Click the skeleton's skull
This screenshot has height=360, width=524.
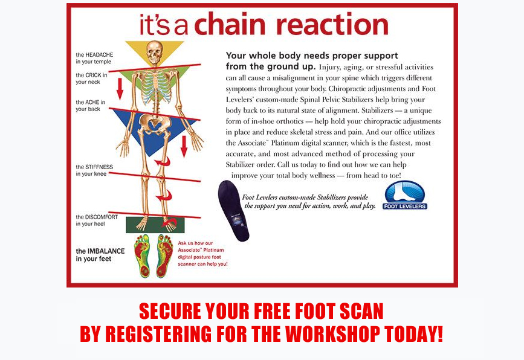point(154,52)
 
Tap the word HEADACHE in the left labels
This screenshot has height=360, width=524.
point(99,54)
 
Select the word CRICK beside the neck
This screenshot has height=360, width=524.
point(94,75)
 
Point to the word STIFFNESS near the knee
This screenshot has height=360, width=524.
point(99,167)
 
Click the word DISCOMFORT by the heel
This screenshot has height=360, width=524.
point(102,217)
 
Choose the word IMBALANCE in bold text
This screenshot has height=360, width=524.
point(106,251)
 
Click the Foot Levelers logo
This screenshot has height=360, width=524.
point(405,195)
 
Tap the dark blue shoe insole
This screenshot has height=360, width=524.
point(233,211)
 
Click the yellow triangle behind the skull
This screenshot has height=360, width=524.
point(154,53)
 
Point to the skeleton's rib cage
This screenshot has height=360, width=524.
point(155,86)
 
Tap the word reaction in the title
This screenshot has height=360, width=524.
point(332,24)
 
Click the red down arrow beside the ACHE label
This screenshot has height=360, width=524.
point(120,89)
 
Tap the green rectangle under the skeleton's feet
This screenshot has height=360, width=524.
point(155,225)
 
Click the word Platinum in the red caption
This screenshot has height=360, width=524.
point(213,250)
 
